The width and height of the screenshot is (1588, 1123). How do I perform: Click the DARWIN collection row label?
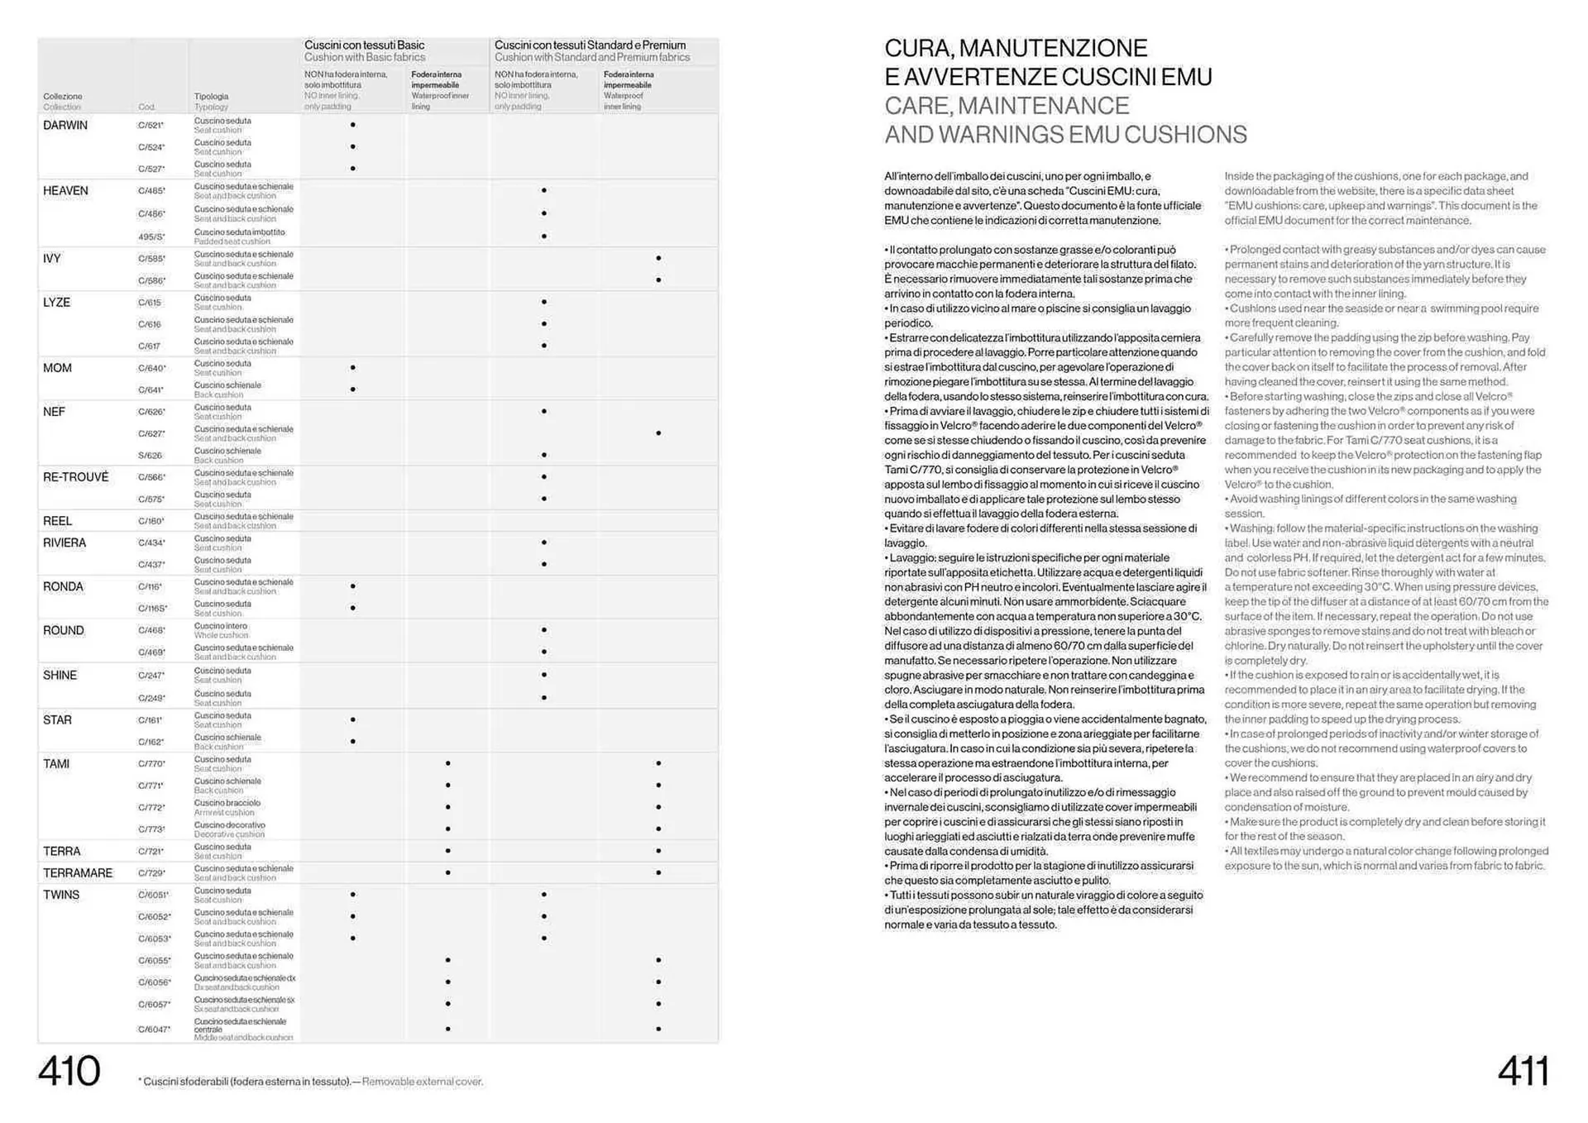[x=65, y=125]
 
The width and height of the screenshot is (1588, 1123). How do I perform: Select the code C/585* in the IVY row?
[x=151, y=259]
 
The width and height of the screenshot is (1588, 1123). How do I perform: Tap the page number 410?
[x=69, y=1071]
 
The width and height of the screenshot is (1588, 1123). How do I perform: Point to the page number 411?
[x=1523, y=1071]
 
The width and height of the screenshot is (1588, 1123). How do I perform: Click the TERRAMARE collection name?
[x=78, y=873]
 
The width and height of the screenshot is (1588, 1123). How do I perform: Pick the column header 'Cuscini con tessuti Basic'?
[x=364, y=45]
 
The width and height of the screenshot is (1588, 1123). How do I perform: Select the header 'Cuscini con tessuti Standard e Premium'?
[x=590, y=45]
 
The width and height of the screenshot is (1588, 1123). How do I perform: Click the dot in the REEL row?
[x=543, y=520]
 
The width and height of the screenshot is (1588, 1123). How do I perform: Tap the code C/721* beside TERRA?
[x=151, y=851]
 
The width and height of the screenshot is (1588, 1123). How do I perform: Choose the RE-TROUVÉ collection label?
[x=75, y=477]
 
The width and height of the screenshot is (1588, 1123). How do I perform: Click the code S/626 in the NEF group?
[x=150, y=456]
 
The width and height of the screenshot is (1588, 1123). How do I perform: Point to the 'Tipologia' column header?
[x=211, y=96]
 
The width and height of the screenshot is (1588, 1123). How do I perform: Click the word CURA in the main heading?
[x=916, y=48]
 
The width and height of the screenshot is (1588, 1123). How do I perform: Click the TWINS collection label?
[x=61, y=895]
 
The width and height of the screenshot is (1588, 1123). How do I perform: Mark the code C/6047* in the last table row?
[x=155, y=1030]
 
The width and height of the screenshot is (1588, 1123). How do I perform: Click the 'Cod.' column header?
[x=146, y=107]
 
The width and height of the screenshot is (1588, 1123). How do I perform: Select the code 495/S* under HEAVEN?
[x=151, y=237]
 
